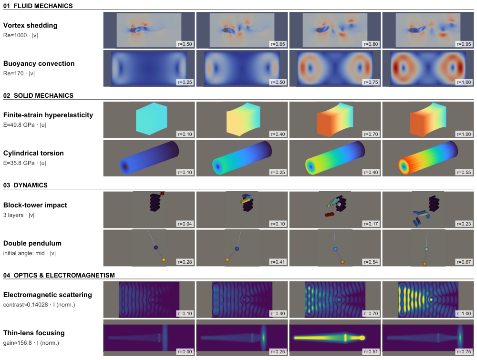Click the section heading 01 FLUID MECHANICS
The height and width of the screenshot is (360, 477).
pos(38,6)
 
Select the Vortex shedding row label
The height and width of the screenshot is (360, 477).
pos(30,25)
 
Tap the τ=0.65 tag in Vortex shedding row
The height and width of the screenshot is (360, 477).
pos(278,44)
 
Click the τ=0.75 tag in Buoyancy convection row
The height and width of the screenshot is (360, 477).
pos(371,82)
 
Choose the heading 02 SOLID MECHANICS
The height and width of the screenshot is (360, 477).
pos(38,95)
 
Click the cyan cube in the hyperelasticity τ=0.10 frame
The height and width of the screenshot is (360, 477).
pos(152,119)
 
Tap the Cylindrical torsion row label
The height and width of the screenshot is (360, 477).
pos(33,153)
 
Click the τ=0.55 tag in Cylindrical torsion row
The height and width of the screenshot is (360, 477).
pos(464,172)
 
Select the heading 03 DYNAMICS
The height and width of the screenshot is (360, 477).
pos(25,185)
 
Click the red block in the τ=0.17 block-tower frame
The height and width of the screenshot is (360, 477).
pos(330,215)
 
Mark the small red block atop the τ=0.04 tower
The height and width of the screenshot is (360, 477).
pos(162,194)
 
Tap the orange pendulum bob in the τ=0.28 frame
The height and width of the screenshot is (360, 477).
pos(164,260)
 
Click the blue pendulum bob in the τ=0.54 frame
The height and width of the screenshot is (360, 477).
pos(335,249)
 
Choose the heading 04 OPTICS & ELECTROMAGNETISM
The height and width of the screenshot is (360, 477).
pos(59,275)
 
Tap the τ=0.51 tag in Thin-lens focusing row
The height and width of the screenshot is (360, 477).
pos(371,351)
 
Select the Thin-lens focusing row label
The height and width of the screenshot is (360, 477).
pos(34,333)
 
